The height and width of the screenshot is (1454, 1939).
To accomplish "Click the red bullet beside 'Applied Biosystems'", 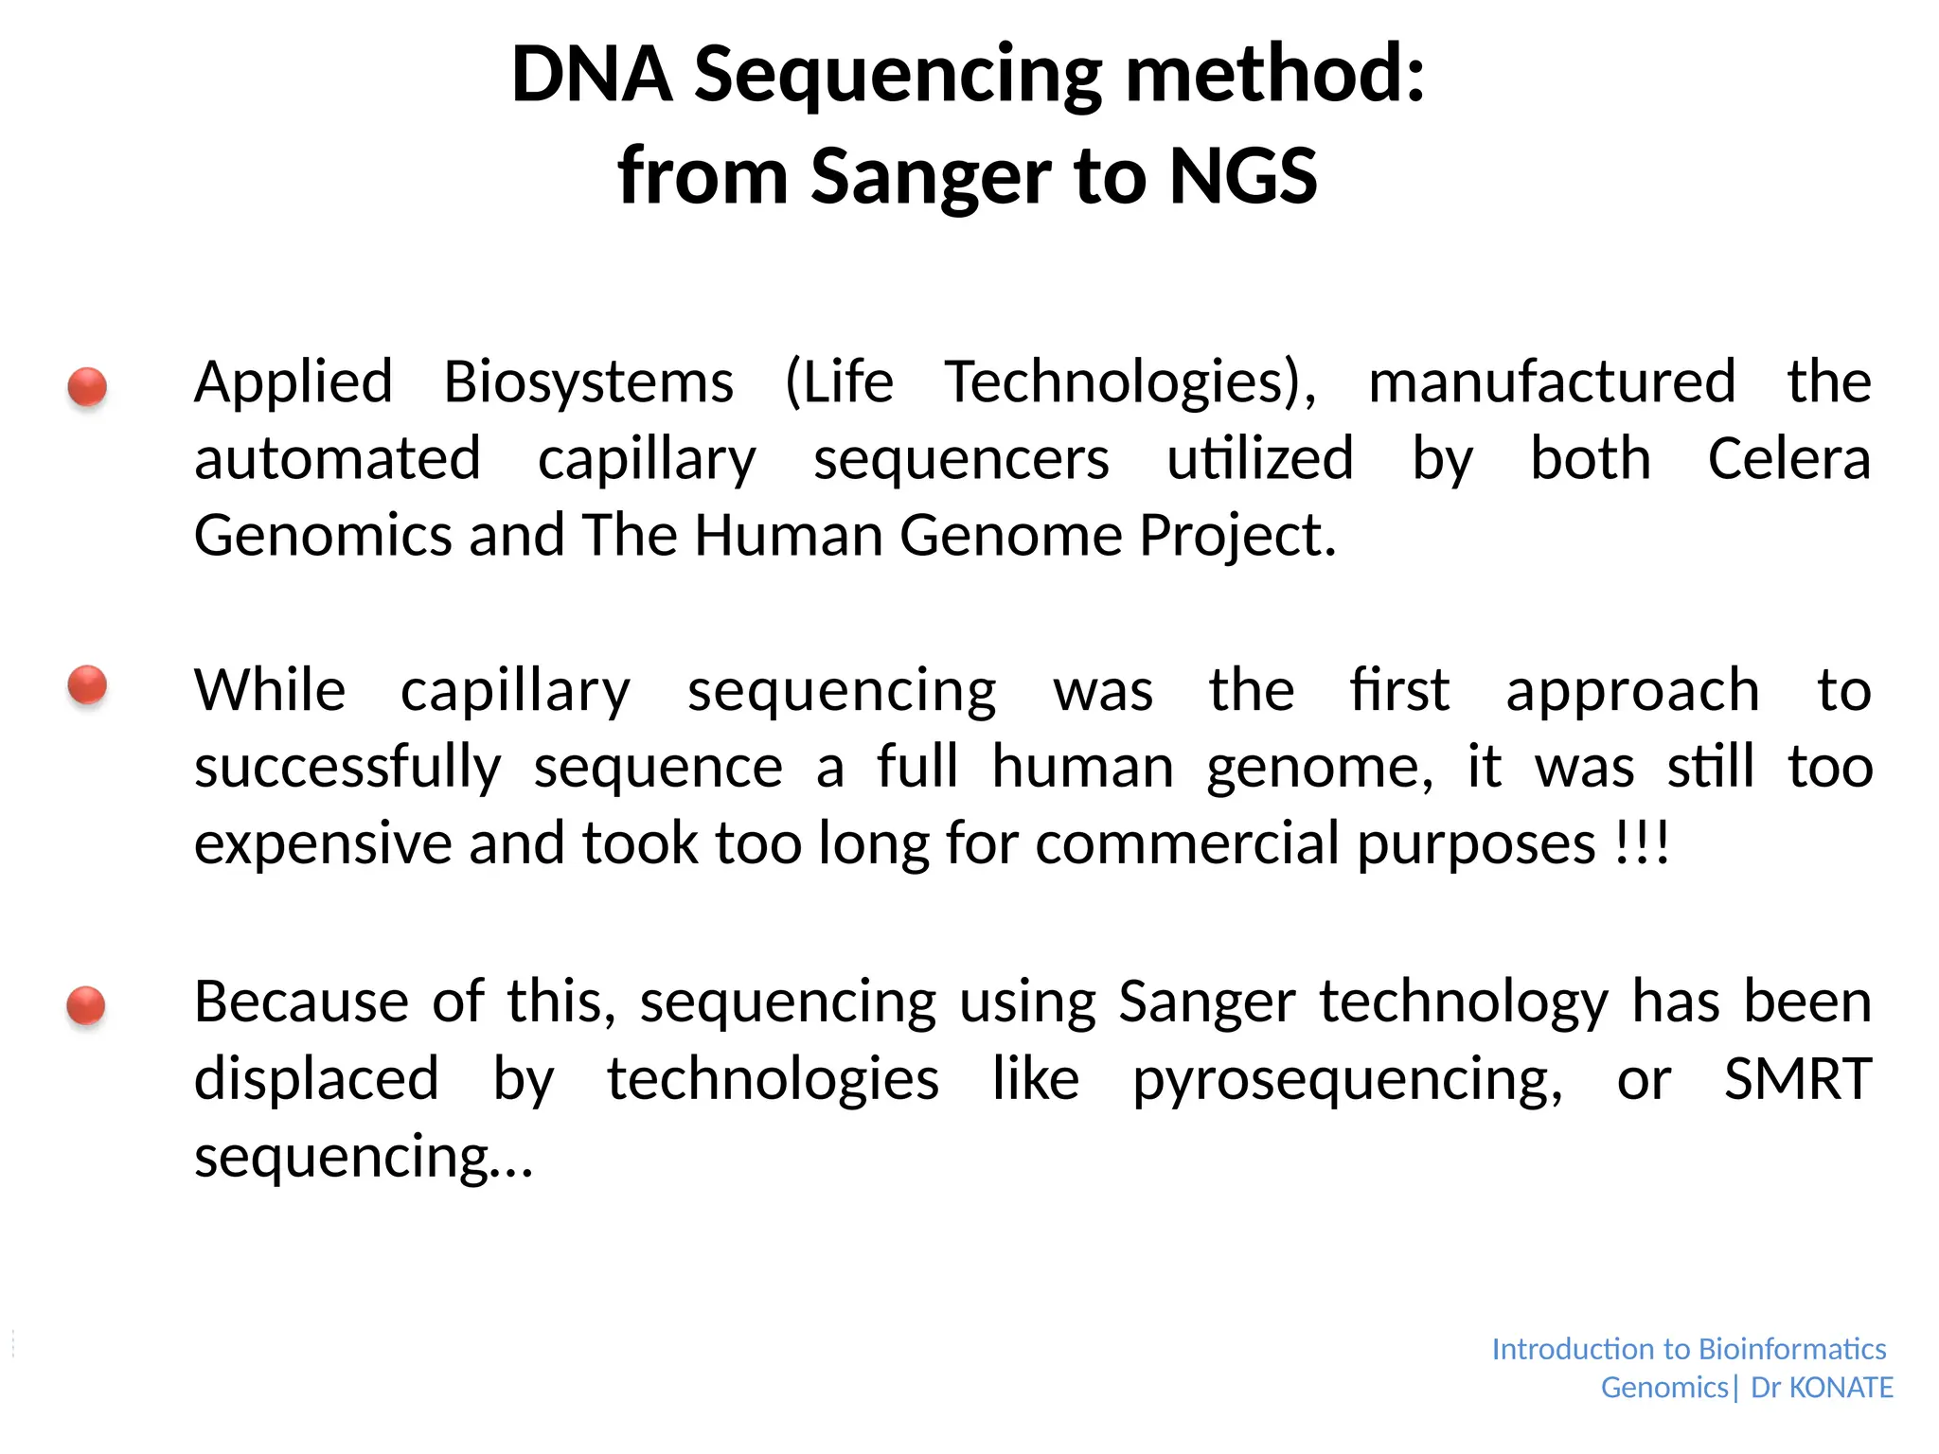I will [87, 387].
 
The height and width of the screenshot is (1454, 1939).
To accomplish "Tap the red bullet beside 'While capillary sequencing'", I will [87, 684].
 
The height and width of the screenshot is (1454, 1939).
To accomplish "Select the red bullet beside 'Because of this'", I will [86, 1004].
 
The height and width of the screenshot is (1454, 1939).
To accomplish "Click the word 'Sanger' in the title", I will [930, 176].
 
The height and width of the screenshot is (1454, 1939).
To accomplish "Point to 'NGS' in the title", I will [1242, 176].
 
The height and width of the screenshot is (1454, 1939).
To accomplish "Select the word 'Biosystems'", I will [588, 382].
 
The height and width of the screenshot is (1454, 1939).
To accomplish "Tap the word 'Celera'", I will [1788, 460].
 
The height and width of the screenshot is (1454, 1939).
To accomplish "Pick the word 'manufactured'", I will [1552, 382].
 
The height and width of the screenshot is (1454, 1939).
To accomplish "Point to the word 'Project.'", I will [1237, 536].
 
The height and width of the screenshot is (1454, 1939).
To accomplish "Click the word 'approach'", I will [1632, 691].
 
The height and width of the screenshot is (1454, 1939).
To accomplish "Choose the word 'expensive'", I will [323, 844].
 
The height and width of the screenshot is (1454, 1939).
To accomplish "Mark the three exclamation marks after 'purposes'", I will [1642, 842].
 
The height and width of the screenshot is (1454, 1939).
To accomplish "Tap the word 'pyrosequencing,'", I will [1347, 1080].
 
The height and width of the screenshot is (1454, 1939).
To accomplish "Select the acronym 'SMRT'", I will [1797, 1078].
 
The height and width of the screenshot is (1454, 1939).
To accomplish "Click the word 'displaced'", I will [316, 1078].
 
